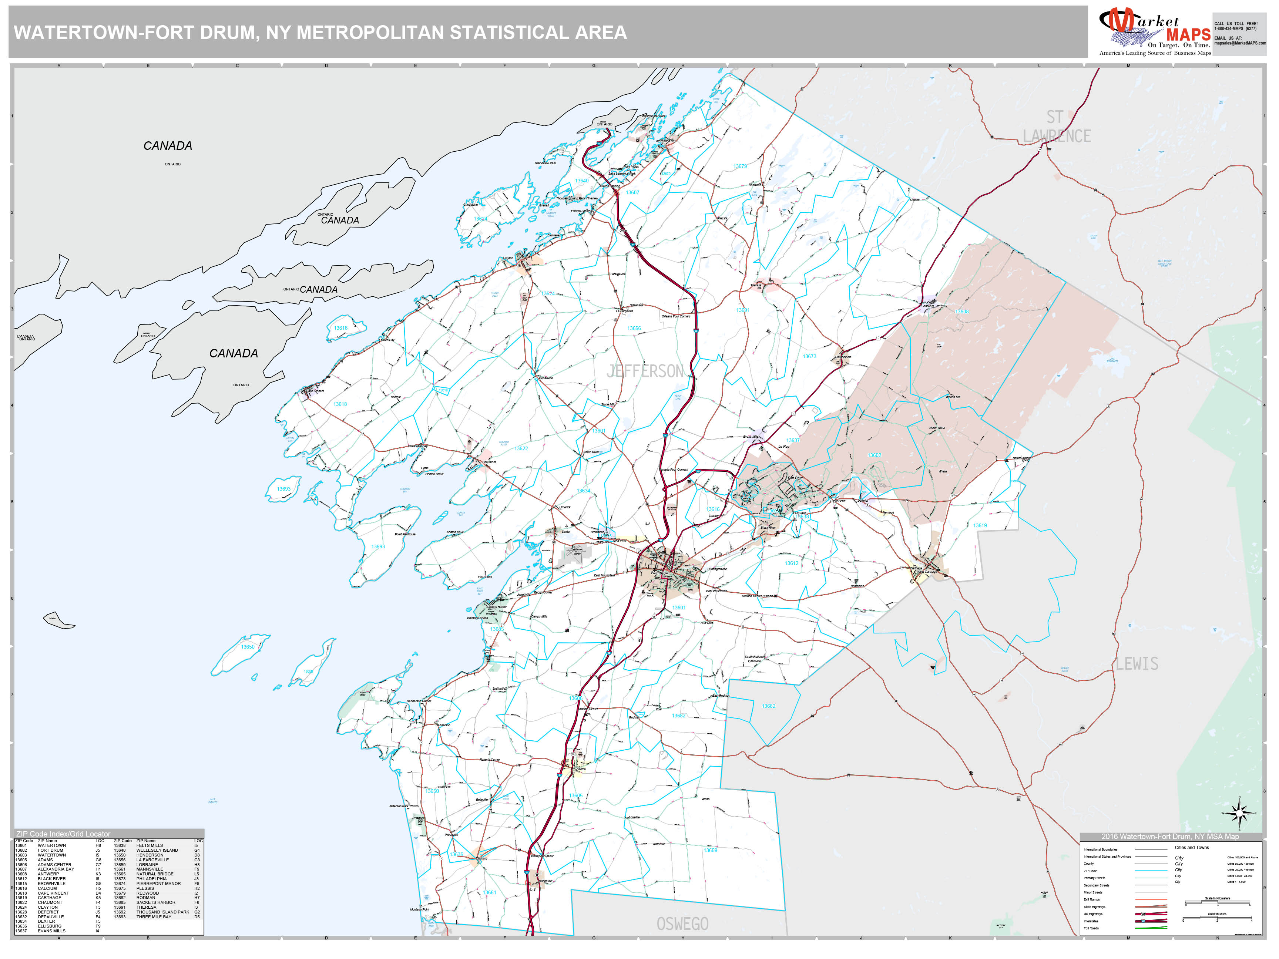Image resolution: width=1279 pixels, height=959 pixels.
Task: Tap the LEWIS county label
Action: point(1137,664)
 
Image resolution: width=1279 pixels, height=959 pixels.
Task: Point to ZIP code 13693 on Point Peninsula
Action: point(378,546)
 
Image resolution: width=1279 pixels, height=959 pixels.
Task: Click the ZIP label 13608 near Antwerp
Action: point(961,312)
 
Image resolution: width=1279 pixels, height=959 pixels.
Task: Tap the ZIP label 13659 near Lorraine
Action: point(710,850)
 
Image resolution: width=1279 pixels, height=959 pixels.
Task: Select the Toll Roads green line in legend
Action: point(1151,928)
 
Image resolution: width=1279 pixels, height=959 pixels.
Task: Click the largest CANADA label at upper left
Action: point(168,146)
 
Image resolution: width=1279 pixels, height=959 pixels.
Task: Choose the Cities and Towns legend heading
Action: point(1192,847)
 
